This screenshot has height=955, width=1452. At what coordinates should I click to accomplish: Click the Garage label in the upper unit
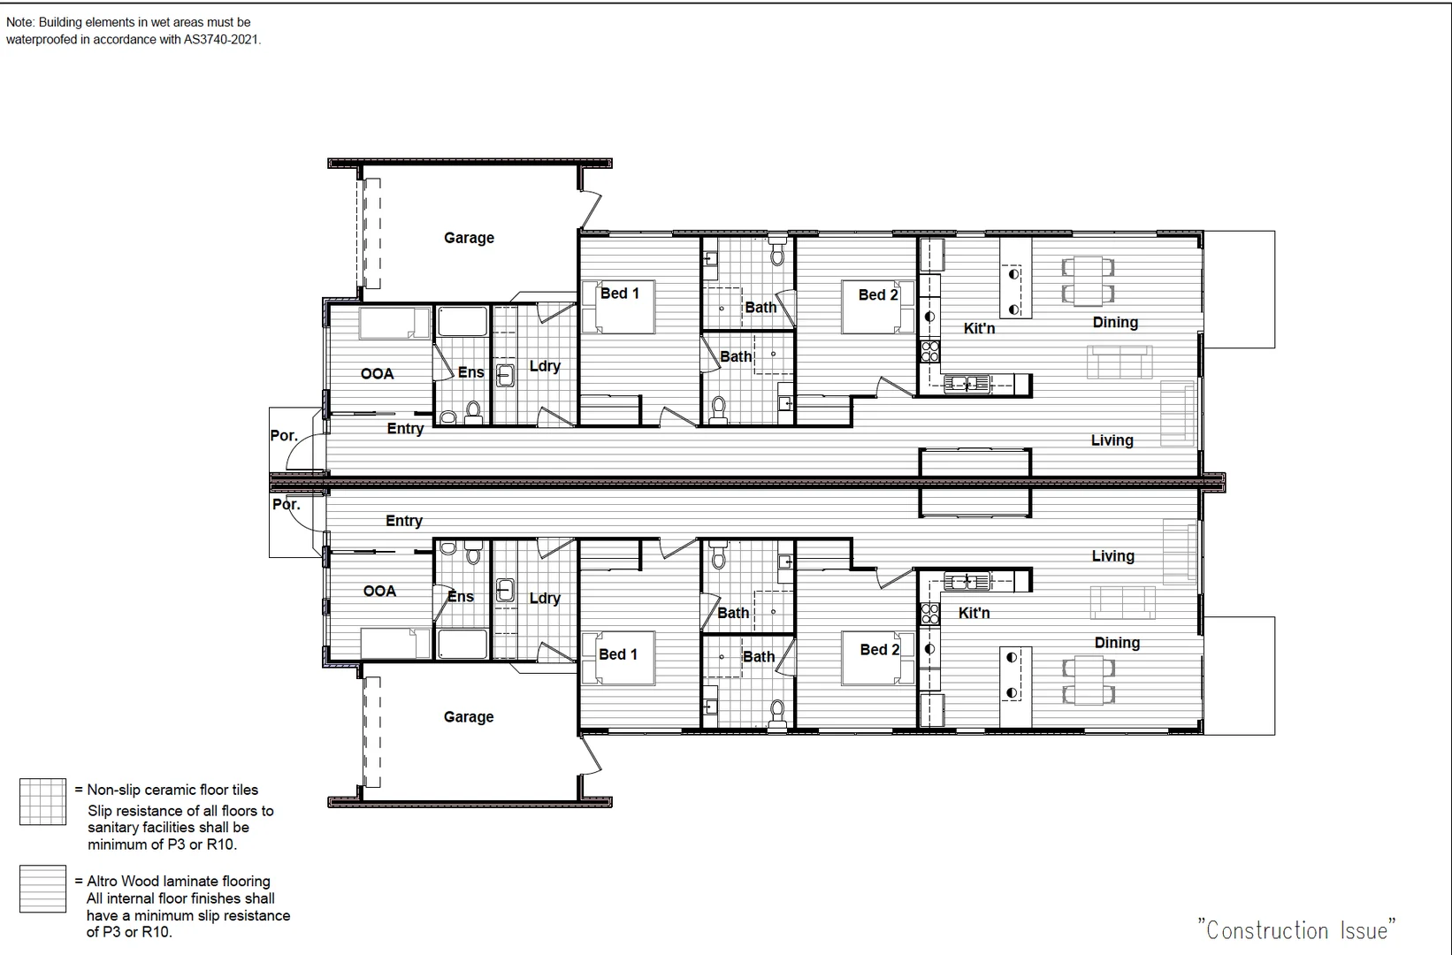click(469, 238)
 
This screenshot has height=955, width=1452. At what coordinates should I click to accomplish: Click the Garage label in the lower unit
click(469, 717)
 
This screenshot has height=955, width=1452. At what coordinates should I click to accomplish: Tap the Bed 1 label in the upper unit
click(619, 294)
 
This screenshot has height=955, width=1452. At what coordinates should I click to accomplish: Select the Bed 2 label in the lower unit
click(879, 650)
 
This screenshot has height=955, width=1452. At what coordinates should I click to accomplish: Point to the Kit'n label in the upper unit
click(979, 329)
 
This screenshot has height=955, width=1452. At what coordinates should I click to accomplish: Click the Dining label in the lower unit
click(1117, 643)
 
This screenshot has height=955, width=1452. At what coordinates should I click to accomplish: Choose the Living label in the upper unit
click(1112, 440)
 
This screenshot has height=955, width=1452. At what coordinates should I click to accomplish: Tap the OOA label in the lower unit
click(379, 592)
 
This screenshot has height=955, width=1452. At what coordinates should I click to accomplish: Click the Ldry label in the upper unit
click(545, 366)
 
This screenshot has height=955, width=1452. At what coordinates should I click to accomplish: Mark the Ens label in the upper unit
click(470, 372)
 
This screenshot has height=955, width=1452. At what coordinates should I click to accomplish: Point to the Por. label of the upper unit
click(284, 436)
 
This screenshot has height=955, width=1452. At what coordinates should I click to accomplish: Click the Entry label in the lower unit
click(404, 522)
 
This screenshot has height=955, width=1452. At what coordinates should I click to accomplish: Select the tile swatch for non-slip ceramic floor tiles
click(42, 802)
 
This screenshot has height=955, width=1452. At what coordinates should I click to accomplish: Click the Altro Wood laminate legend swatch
click(42, 889)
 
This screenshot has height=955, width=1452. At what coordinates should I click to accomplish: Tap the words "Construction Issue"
click(1296, 930)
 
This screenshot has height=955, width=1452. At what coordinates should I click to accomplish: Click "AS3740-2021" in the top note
click(222, 39)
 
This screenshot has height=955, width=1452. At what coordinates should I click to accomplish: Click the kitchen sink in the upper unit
click(966, 384)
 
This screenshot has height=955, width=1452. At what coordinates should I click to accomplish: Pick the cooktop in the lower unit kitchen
click(929, 613)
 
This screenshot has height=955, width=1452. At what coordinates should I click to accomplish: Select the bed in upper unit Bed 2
click(877, 308)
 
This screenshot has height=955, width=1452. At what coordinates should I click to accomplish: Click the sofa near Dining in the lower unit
click(1122, 602)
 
